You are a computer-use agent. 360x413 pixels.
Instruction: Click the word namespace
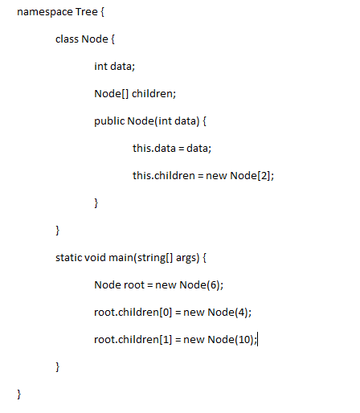[45, 12]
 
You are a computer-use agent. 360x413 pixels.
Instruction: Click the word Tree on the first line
[87, 12]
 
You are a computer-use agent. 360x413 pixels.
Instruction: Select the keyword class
[67, 39]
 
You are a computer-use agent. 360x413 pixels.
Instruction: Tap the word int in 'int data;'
[100, 66]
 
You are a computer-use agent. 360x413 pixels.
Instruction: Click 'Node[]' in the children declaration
[112, 94]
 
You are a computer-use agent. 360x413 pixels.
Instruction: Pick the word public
[109, 121]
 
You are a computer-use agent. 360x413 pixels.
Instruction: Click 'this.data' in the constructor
[154, 148]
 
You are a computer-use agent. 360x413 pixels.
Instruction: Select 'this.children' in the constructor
[164, 175]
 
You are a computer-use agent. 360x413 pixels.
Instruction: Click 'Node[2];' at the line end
[252, 176]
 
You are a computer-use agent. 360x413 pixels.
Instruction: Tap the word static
[68, 257]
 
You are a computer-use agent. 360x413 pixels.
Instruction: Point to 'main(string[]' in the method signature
[141, 258]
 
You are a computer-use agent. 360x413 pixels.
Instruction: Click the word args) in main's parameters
[188, 258]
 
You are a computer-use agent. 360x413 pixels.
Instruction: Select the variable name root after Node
[133, 285]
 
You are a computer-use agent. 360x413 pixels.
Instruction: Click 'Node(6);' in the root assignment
[202, 285]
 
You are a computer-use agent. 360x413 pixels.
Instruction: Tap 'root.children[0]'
[133, 313]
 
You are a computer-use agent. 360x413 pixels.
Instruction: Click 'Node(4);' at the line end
[230, 313]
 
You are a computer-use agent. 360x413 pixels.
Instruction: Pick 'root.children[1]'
[133, 340]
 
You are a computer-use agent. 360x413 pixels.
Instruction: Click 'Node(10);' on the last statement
[232, 340]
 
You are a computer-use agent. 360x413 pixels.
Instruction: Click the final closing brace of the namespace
[18, 395]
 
